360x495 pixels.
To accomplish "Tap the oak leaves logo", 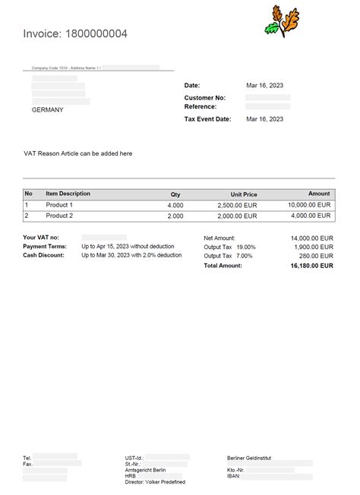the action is (281, 21).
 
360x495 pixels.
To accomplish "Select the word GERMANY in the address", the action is (47, 110).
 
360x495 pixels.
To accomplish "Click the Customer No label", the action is (204, 98).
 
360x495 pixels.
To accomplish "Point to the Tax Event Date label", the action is (207, 119).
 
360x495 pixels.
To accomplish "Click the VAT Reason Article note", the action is (78, 153).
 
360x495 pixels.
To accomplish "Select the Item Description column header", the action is (68, 194).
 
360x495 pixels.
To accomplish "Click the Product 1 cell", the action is (59, 205).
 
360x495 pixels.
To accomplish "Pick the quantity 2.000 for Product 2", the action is (175, 216).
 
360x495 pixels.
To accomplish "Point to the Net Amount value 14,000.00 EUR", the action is (311, 238).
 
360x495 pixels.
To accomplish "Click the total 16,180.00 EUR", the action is (311, 265).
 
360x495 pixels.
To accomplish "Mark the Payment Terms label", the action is (45, 247).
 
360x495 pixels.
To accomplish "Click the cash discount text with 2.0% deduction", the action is (131, 255).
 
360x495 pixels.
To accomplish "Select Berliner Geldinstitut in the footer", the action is (249, 459).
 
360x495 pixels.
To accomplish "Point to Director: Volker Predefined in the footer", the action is (155, 482).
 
